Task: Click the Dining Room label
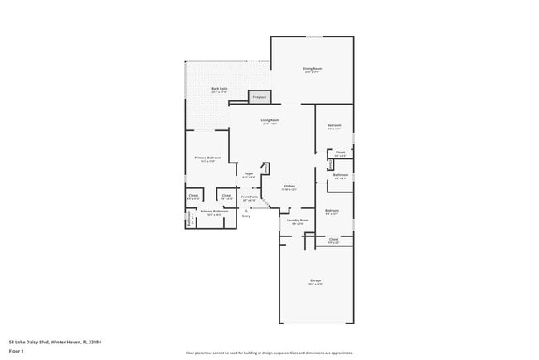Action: point(312,69)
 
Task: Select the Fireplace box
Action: point(260,97)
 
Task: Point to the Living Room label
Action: point(269,120)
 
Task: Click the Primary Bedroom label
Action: point(207,158)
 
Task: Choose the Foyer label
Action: point(248,173)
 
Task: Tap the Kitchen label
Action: point(289,186)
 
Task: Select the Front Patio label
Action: point(249,197)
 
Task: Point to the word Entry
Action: point(246,216)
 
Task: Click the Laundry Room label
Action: point(297,221)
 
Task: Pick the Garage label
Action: point(316,281)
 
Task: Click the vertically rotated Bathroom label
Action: point(189,218)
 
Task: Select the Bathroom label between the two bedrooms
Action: point(341,175)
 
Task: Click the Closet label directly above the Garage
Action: point(333,240)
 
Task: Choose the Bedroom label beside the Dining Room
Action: point(334,125)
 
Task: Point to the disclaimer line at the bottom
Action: point(269,352)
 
